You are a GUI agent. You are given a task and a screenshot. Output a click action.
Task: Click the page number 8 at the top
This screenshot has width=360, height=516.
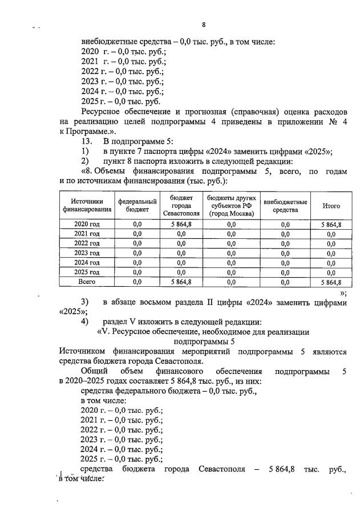tap(204, 24)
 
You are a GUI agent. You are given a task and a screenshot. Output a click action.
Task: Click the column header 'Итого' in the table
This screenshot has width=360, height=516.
tap(331, 206)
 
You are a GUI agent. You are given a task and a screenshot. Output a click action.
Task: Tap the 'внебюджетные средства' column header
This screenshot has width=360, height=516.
tap(285, 206)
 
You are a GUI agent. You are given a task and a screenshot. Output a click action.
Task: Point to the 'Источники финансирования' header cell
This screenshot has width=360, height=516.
tap(88, 206)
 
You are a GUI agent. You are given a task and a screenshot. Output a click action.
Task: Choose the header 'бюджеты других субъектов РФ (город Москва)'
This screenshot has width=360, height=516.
tap(232, 206)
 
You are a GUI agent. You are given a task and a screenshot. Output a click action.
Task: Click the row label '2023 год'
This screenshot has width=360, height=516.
tap(87, 253)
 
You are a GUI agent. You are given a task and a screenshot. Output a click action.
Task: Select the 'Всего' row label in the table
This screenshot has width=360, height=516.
tap(87, 282)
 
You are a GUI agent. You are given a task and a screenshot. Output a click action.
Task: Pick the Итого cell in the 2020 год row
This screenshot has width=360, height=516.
tap(331, 225)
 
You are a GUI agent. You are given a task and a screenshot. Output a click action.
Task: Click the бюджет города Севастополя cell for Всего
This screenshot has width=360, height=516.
tap(181, 282)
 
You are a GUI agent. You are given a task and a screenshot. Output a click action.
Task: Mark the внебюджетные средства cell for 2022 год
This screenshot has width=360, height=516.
tap(285, 243)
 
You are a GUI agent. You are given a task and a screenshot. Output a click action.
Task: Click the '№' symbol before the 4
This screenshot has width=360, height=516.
tap(330, 121)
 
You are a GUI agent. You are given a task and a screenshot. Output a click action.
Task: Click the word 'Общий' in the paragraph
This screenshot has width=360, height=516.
tap(94, 372)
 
